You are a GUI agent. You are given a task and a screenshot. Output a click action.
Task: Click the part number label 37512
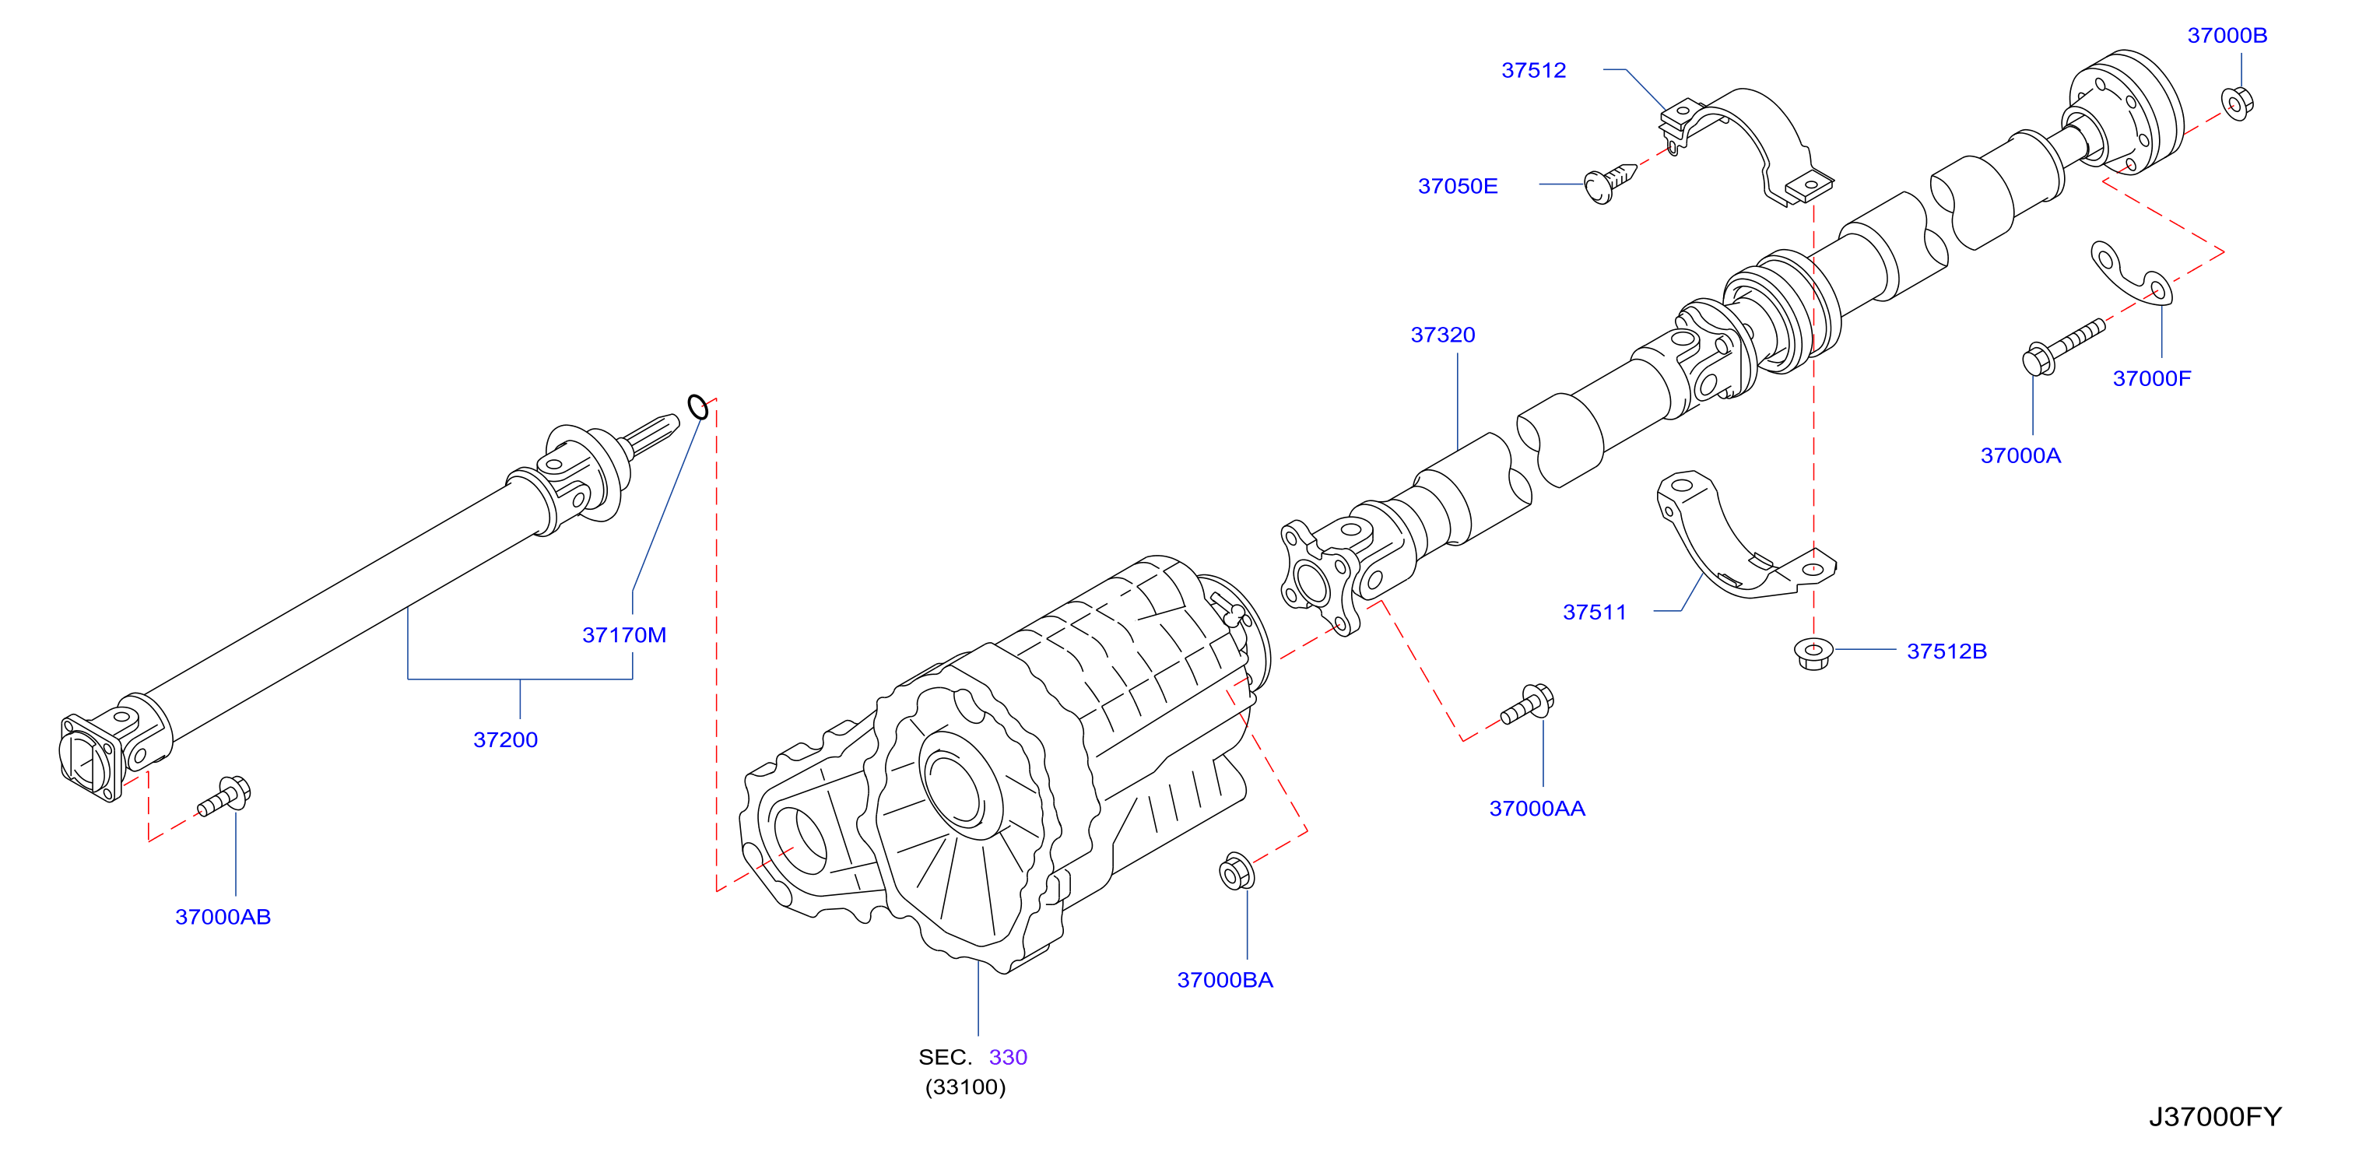coord(1533,70)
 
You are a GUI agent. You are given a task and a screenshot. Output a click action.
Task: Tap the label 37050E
coord(1457,186)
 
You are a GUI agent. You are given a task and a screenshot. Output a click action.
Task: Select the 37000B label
coord(2227,35)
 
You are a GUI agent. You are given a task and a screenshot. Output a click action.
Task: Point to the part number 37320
coord(1443,335)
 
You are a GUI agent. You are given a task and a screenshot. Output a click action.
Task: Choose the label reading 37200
coord(505,739)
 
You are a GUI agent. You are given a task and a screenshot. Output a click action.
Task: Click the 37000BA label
coord(1224,979)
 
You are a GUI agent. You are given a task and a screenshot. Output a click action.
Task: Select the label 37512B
coord(1946,651)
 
